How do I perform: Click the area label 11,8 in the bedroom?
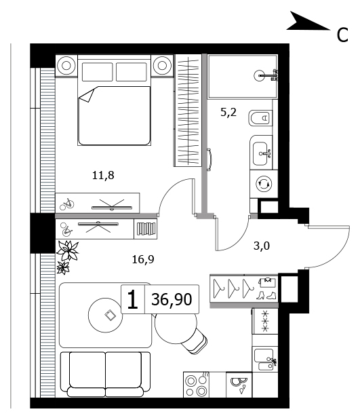point(103,176)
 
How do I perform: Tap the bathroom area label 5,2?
point(228,112)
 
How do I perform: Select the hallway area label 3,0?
point(262,246)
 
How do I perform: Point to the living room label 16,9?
point(143,259)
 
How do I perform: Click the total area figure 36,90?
point(172,299)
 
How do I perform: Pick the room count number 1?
point(132,299)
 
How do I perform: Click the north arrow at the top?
point(308,21)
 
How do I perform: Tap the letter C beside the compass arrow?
point(342,35)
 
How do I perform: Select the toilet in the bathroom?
point(260,118)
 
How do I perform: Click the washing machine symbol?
point(264,184)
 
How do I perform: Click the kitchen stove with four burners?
point(197,385)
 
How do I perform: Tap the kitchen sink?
point(265,359)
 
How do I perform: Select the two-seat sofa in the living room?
point(106,374)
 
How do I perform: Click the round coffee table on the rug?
point(106,316)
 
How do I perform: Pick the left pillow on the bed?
point(97,72)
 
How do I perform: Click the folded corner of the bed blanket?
point(87,94)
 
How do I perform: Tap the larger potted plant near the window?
point(68,250)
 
